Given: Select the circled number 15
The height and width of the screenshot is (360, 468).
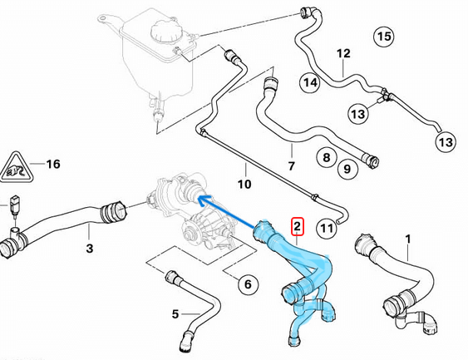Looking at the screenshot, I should point(382,37).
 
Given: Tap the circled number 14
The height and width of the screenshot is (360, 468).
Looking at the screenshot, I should point(310,83).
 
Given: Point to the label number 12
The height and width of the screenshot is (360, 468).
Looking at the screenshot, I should point(343,55).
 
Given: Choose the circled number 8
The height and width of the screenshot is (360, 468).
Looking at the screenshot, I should point(326,156).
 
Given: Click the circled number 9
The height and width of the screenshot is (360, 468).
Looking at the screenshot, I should point(350,170).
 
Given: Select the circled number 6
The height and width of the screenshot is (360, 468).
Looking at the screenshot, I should point(247,284).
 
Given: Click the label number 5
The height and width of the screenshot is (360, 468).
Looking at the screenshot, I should point(175,313).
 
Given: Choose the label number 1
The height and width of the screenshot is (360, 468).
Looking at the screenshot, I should point(407,239).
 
